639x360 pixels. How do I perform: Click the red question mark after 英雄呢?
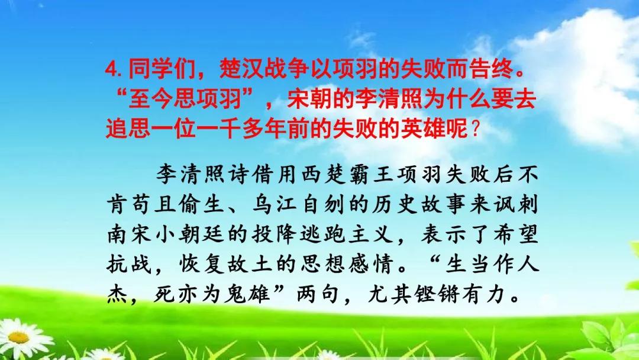click(475, 130)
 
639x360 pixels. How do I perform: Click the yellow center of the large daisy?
click(18, 337)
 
